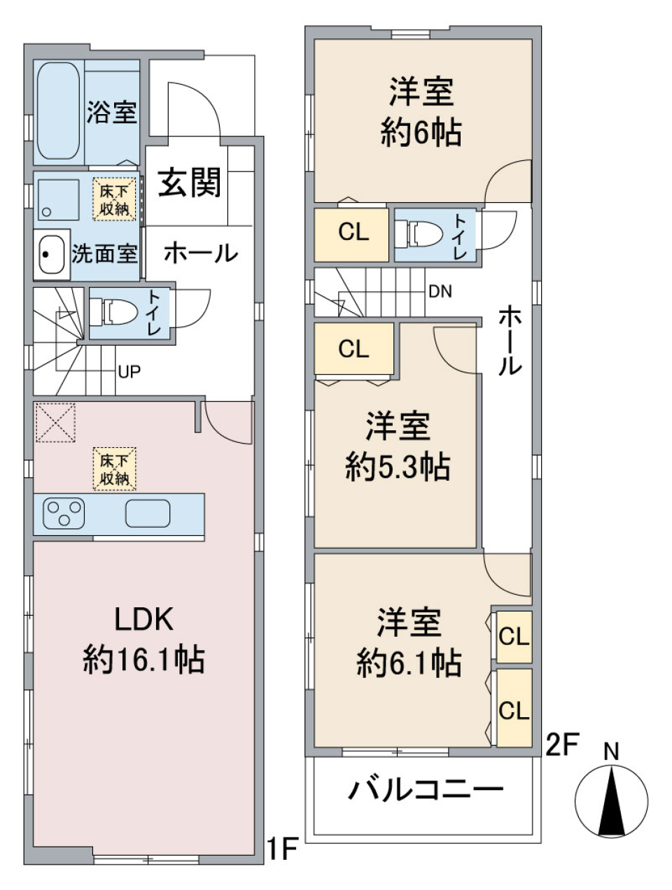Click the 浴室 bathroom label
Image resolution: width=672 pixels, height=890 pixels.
(111, 112)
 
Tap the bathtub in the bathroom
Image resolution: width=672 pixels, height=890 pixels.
(57, 112)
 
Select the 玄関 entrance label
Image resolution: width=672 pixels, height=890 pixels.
(189, 183)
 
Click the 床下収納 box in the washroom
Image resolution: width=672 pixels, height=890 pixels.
(113, 199)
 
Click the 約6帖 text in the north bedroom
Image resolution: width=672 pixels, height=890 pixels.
(421, 132)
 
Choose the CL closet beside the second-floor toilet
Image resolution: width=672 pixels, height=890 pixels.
(353, 232)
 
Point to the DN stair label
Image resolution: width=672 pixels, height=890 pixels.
(440, 291)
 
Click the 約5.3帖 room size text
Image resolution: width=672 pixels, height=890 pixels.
(397, 467)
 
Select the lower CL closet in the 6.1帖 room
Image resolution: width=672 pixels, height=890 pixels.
(514, 709)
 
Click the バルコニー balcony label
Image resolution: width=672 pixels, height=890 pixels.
(426, 791)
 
